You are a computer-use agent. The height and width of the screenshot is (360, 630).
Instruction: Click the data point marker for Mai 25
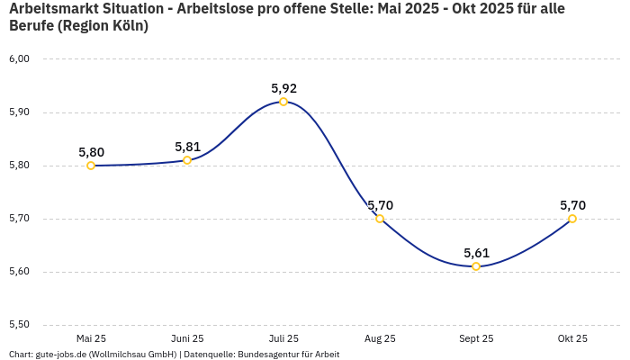pos(91,166)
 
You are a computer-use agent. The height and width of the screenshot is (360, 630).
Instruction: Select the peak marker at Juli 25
pos(283,102)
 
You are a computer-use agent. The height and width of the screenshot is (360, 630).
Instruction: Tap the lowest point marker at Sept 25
pos(476,266)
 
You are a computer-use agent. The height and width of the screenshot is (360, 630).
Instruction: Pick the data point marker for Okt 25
pos(572,219)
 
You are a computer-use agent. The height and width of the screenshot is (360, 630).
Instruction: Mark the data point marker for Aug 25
pos(380,219)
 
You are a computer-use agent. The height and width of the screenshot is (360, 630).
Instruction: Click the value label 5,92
pos(283,88)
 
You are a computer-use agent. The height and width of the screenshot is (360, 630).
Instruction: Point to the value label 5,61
pos(476,253)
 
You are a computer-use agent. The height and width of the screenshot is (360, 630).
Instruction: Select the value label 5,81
pos(187,147)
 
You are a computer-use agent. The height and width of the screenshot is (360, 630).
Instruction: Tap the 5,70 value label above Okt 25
pos(572,205)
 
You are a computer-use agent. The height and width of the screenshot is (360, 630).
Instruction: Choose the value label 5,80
pos(91,152)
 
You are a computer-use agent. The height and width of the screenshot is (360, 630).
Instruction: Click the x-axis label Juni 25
pos(187,338)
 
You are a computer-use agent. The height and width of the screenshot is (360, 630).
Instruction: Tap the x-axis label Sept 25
pos(476,338)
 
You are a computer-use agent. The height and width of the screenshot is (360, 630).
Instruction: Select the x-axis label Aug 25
pos(380,338)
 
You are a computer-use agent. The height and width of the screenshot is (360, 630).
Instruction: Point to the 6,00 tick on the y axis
pos(19,59)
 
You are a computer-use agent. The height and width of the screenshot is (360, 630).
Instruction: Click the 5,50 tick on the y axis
pos(19,325)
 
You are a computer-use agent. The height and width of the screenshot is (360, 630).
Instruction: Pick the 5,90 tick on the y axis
pos(19,112)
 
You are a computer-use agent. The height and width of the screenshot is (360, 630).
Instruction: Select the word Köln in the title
pos(125,26)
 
